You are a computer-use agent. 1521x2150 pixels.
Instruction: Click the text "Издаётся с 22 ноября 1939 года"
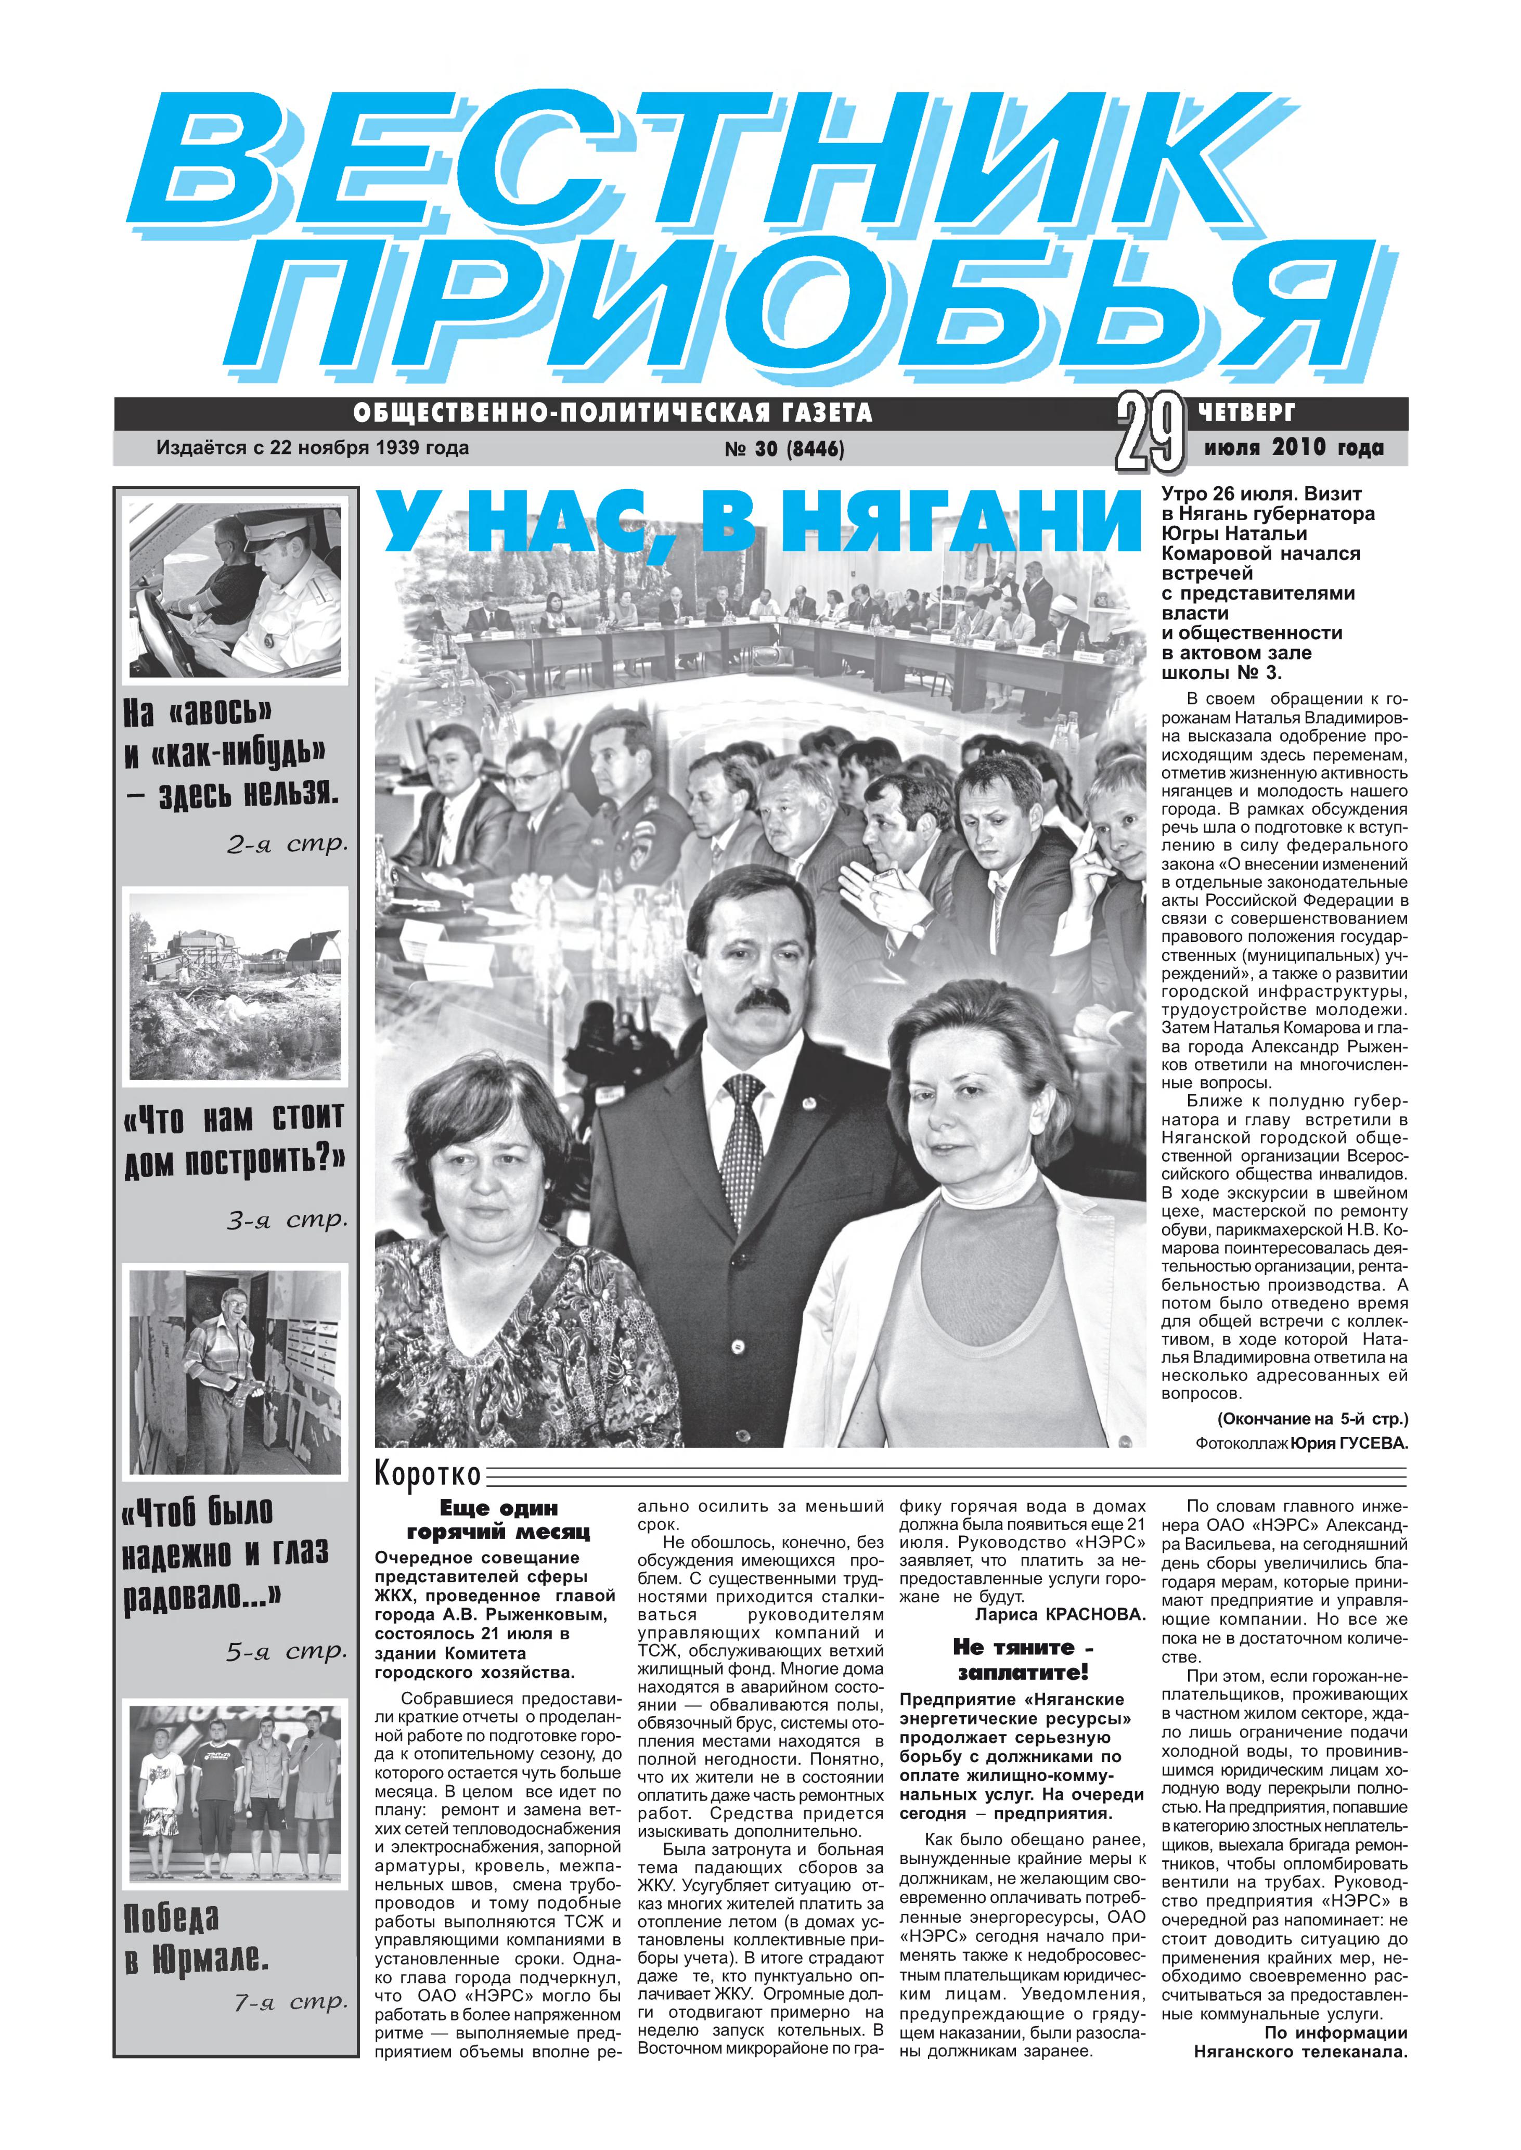pyautogui.click(x=313, y=448)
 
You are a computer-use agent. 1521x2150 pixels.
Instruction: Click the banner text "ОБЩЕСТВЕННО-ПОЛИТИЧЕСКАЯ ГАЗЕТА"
pyautogui.click(x=613, y=413)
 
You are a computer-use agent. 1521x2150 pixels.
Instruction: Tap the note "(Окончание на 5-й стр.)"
pyautogui.click(x=1312, y=1419)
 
